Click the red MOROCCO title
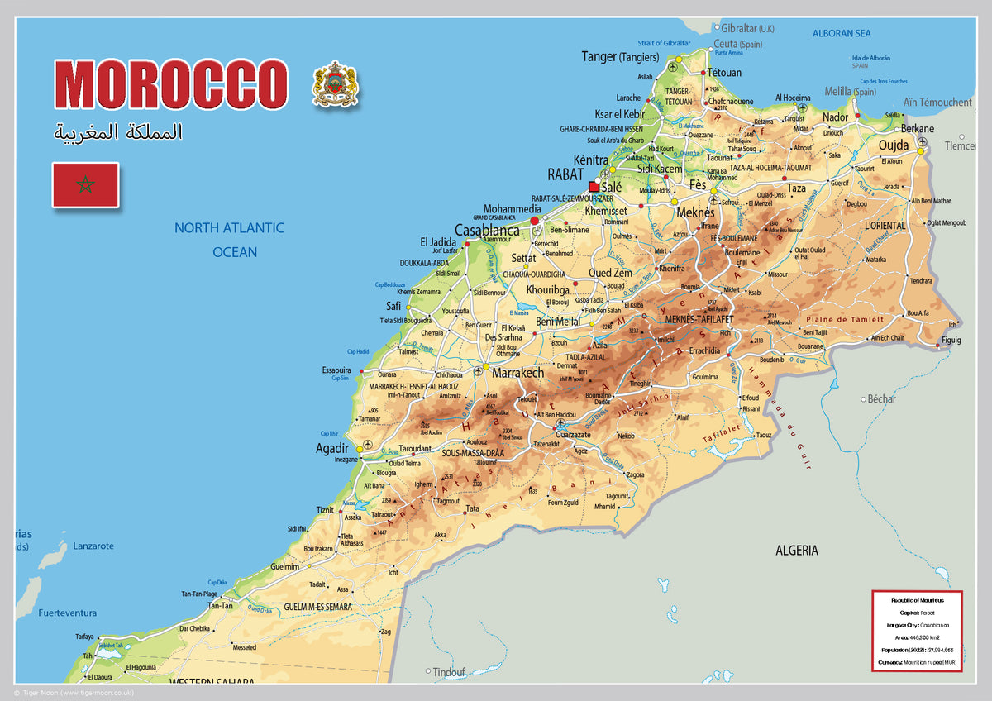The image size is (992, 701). pos(171,85)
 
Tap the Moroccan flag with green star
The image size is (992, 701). pos(85,184)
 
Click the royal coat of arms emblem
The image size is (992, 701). pos(335,83)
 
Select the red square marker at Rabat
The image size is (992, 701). pos(594,187)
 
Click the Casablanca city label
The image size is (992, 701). pos(487,231)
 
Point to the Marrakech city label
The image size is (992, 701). pos(518,373)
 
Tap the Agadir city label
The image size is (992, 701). pos(333,448)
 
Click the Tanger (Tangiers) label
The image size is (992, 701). pos(620,57)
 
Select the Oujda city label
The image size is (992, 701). pos(893,145)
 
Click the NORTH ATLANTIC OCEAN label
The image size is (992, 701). pos(229,240)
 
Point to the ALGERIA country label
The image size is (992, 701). pos(796,550)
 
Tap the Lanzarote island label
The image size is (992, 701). pos(93,546)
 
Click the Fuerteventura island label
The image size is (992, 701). pos(68,613)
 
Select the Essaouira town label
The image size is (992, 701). pos(336,370)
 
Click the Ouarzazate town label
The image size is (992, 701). pos(573,435)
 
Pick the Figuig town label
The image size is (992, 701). pos(951,341)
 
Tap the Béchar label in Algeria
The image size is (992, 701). pos(881,399)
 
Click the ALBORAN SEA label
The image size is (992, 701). pos(841,34)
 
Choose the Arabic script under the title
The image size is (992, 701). pos(118,132)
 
